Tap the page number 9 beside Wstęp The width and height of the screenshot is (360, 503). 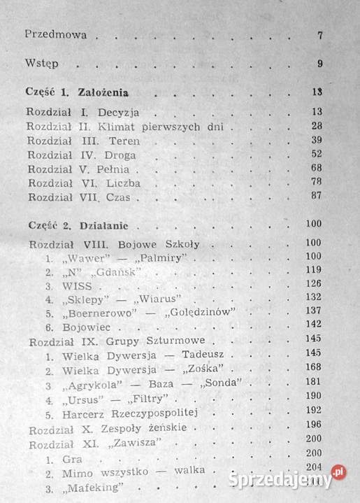point(319,64)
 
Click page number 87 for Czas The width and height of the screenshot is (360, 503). point(317,196)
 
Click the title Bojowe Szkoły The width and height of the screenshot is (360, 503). point(161,244)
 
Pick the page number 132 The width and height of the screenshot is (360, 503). point(312,297)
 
